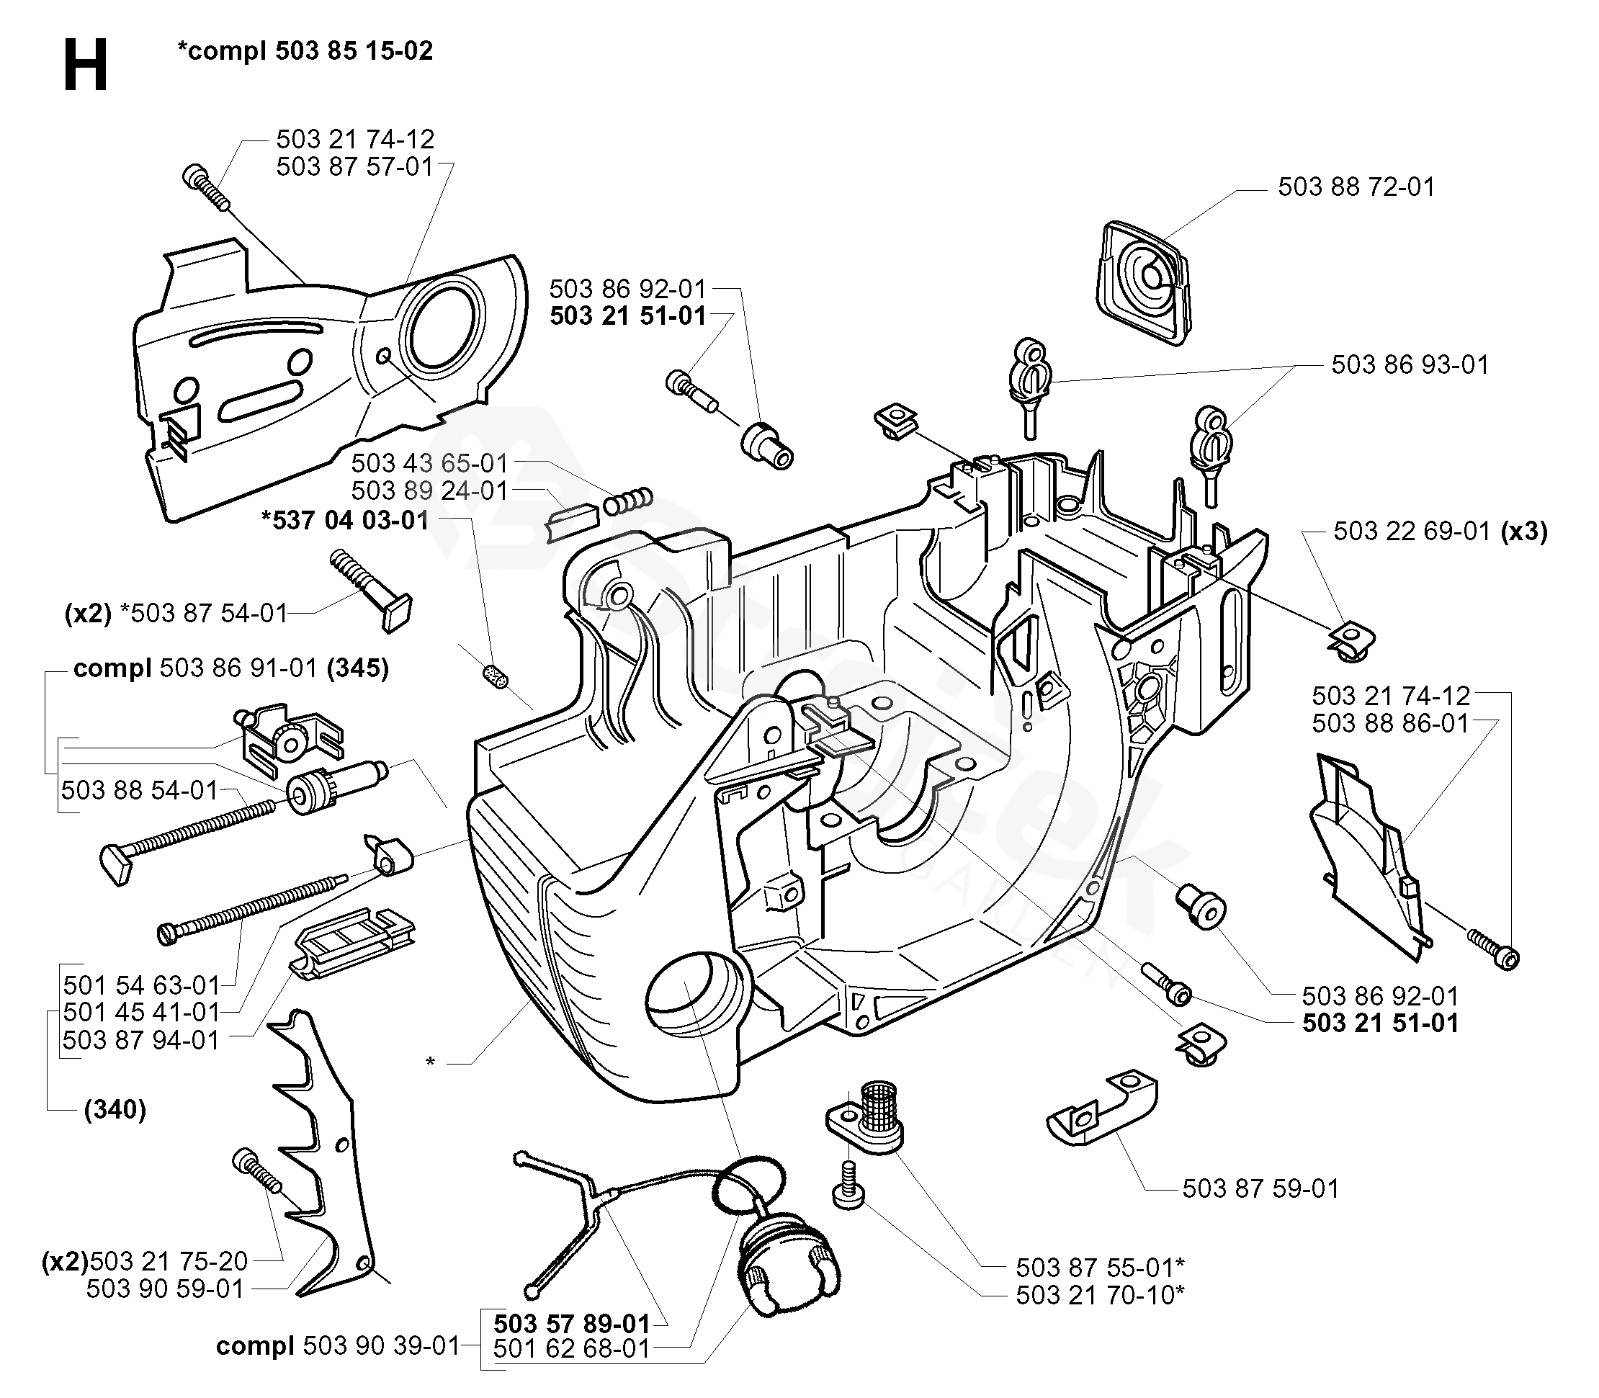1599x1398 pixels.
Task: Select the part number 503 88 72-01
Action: point(1356,187)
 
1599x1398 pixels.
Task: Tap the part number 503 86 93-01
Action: point(1410,364)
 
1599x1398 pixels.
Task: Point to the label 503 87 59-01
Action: point(1260,1188)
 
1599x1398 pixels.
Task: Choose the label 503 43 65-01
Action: point(429,463)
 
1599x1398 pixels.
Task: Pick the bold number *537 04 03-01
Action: point(346,520)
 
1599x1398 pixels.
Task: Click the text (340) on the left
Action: point(115,1108)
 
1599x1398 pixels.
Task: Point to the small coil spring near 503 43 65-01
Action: point(628,501)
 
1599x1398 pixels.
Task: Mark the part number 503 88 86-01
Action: point(1390,723)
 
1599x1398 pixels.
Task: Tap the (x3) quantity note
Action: point(1524,532)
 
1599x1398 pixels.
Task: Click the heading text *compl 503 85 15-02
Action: point(305,50)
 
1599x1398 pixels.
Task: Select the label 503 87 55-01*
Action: point(1100,1267)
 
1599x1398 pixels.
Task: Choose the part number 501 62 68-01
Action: point(572,1348)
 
